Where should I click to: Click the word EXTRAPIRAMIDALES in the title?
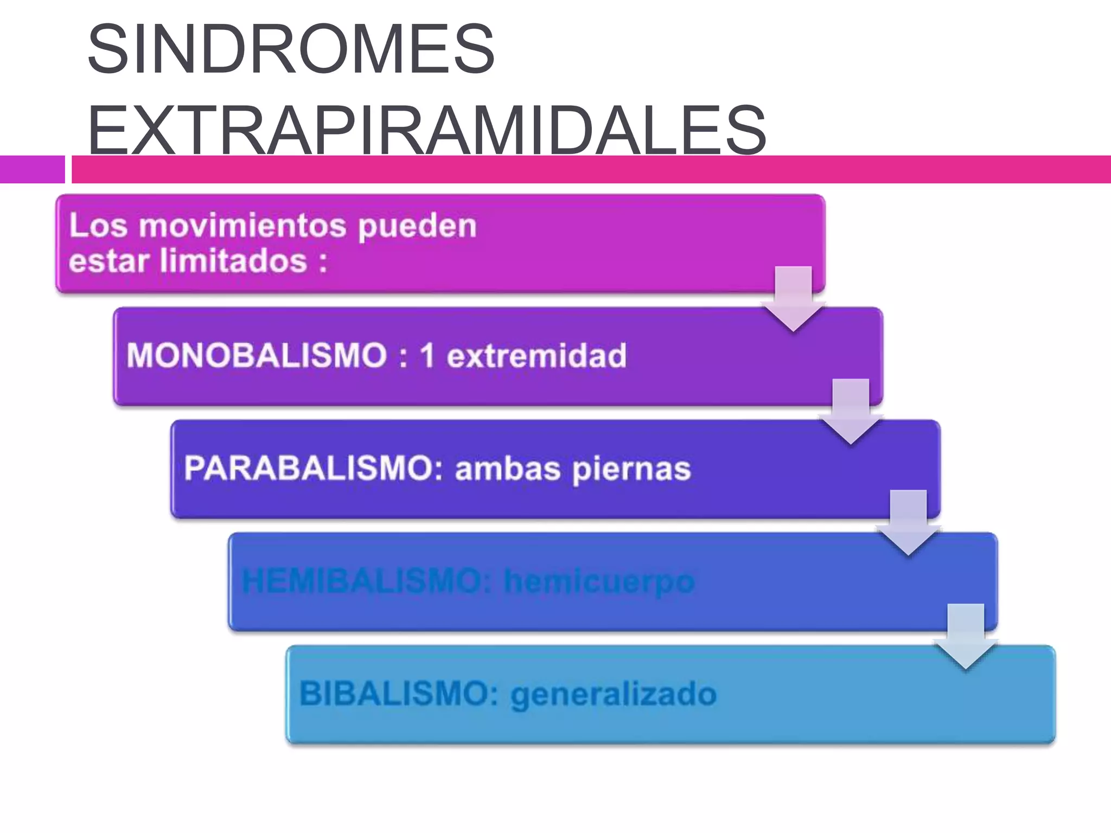click(x=426, y=130)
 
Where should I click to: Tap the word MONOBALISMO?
click(x=256, y=356)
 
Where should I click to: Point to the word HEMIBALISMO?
click(x=367, y=582)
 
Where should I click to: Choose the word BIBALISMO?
click(x=394, y=694)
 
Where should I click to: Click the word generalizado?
click(x=614, y=695)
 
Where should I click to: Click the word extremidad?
click(x=537, y=356)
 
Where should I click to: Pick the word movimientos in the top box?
click(x=242, y=226)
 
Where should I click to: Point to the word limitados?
click(x=234, y=261)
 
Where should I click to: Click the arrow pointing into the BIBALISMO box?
click(x=966, y=638)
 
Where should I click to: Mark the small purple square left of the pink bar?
click(x=32, y=169)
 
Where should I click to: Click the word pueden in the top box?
click(x=417, y=226)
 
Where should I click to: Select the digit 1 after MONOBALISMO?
click(x=427, y=356)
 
